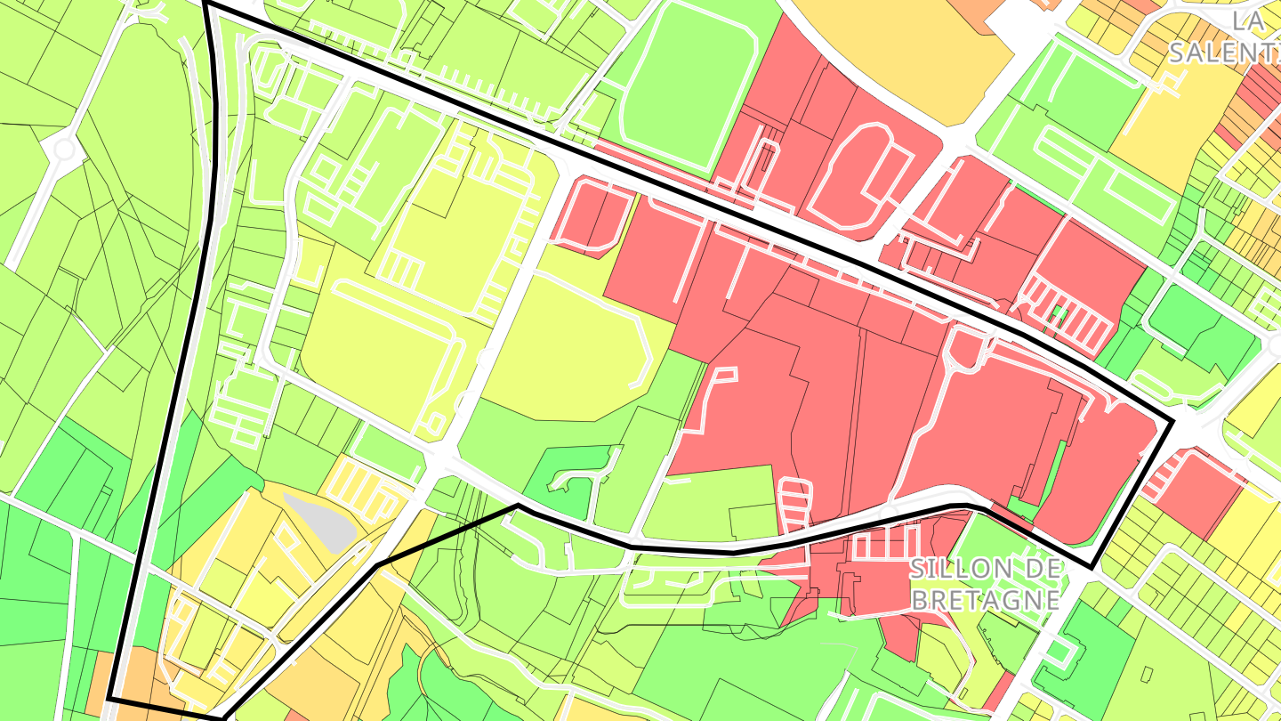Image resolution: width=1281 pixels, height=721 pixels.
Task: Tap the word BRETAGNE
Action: [986, 599]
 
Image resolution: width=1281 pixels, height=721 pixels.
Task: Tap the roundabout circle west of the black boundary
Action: [65, 150]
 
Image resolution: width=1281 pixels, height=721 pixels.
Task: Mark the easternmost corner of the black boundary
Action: [1173, 419]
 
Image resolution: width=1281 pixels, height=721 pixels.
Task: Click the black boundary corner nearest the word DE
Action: [1092, 567]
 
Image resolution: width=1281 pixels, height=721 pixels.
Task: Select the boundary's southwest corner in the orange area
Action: [109, 699]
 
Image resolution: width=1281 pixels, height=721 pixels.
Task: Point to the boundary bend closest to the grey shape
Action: [377, 565]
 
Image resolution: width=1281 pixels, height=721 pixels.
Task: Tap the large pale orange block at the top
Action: [898, 53]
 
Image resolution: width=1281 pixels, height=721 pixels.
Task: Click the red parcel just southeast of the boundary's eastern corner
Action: [1201, 494]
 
